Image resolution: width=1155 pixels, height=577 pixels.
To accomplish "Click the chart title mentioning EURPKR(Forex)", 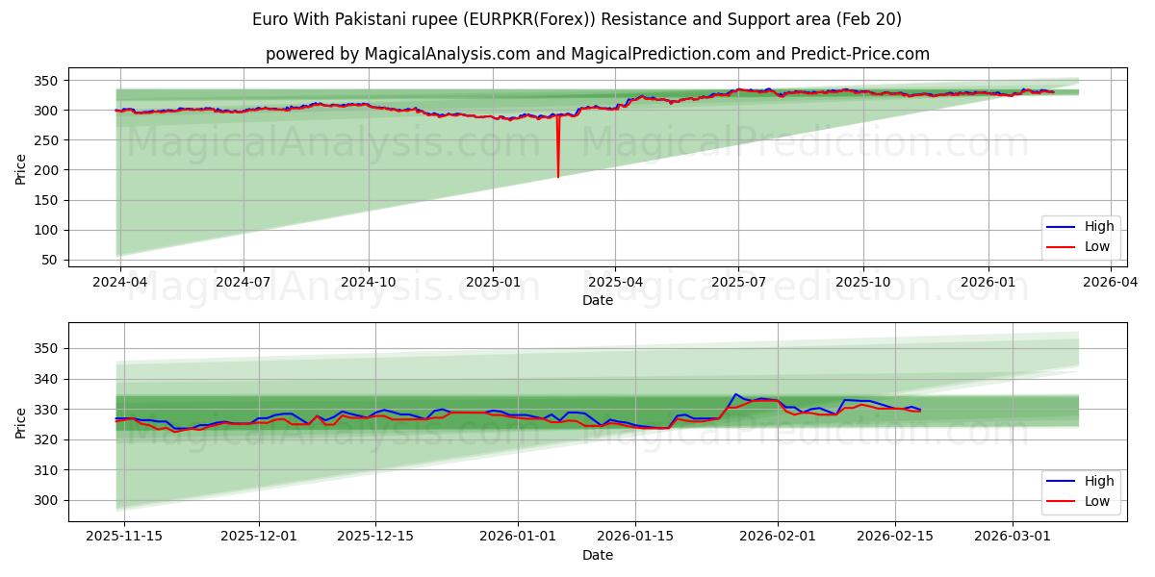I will coord(577,19).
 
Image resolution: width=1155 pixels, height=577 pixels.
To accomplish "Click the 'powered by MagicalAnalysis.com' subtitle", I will coord(597,54).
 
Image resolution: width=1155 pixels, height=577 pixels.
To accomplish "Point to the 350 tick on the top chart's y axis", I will coord(47,81).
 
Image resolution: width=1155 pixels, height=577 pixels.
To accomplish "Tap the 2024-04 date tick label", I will coord(118,282).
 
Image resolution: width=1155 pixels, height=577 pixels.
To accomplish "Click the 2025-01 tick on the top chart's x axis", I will coord(493,282).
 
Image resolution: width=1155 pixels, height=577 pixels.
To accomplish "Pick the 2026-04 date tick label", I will coord(1111,282).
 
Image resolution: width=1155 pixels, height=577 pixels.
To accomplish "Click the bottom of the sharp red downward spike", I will coord(557,177).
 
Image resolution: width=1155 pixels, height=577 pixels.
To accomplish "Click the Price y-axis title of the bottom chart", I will coord(21,422).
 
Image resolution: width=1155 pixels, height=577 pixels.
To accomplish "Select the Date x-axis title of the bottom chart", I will coord(597,555).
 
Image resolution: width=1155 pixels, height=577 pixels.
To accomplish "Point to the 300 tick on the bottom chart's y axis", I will coord(47,500).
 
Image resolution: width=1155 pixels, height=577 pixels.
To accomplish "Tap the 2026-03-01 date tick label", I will coord(1013,537).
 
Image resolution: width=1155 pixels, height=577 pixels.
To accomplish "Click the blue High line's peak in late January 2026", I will coord(735,394).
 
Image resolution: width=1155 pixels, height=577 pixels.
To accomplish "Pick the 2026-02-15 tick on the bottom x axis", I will coord(895,537).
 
